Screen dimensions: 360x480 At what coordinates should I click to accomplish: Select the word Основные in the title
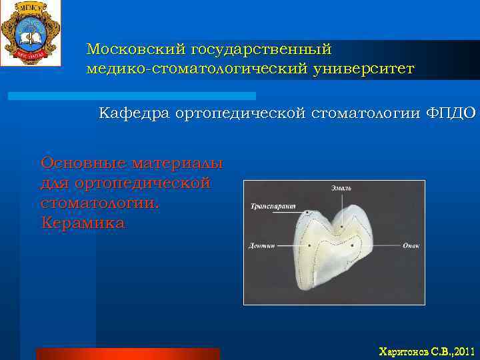pyautogui.click(x=83, y=163)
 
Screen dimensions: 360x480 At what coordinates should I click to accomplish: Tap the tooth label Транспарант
pyautogui.click(x=273, y=206)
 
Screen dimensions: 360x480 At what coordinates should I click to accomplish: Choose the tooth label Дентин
pyautogui.click(x=262, y=245)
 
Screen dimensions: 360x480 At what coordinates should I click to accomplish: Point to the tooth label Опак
pyautogui.click(x=411, y=245)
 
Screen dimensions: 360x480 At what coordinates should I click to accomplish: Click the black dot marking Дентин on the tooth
pyautogui.click(x=310, y=245)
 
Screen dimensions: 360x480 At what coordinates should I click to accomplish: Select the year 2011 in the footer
pyautogui.click(x=463, y=351)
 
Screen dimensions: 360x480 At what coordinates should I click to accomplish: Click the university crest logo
pyautogui.click(x=30, y=33)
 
